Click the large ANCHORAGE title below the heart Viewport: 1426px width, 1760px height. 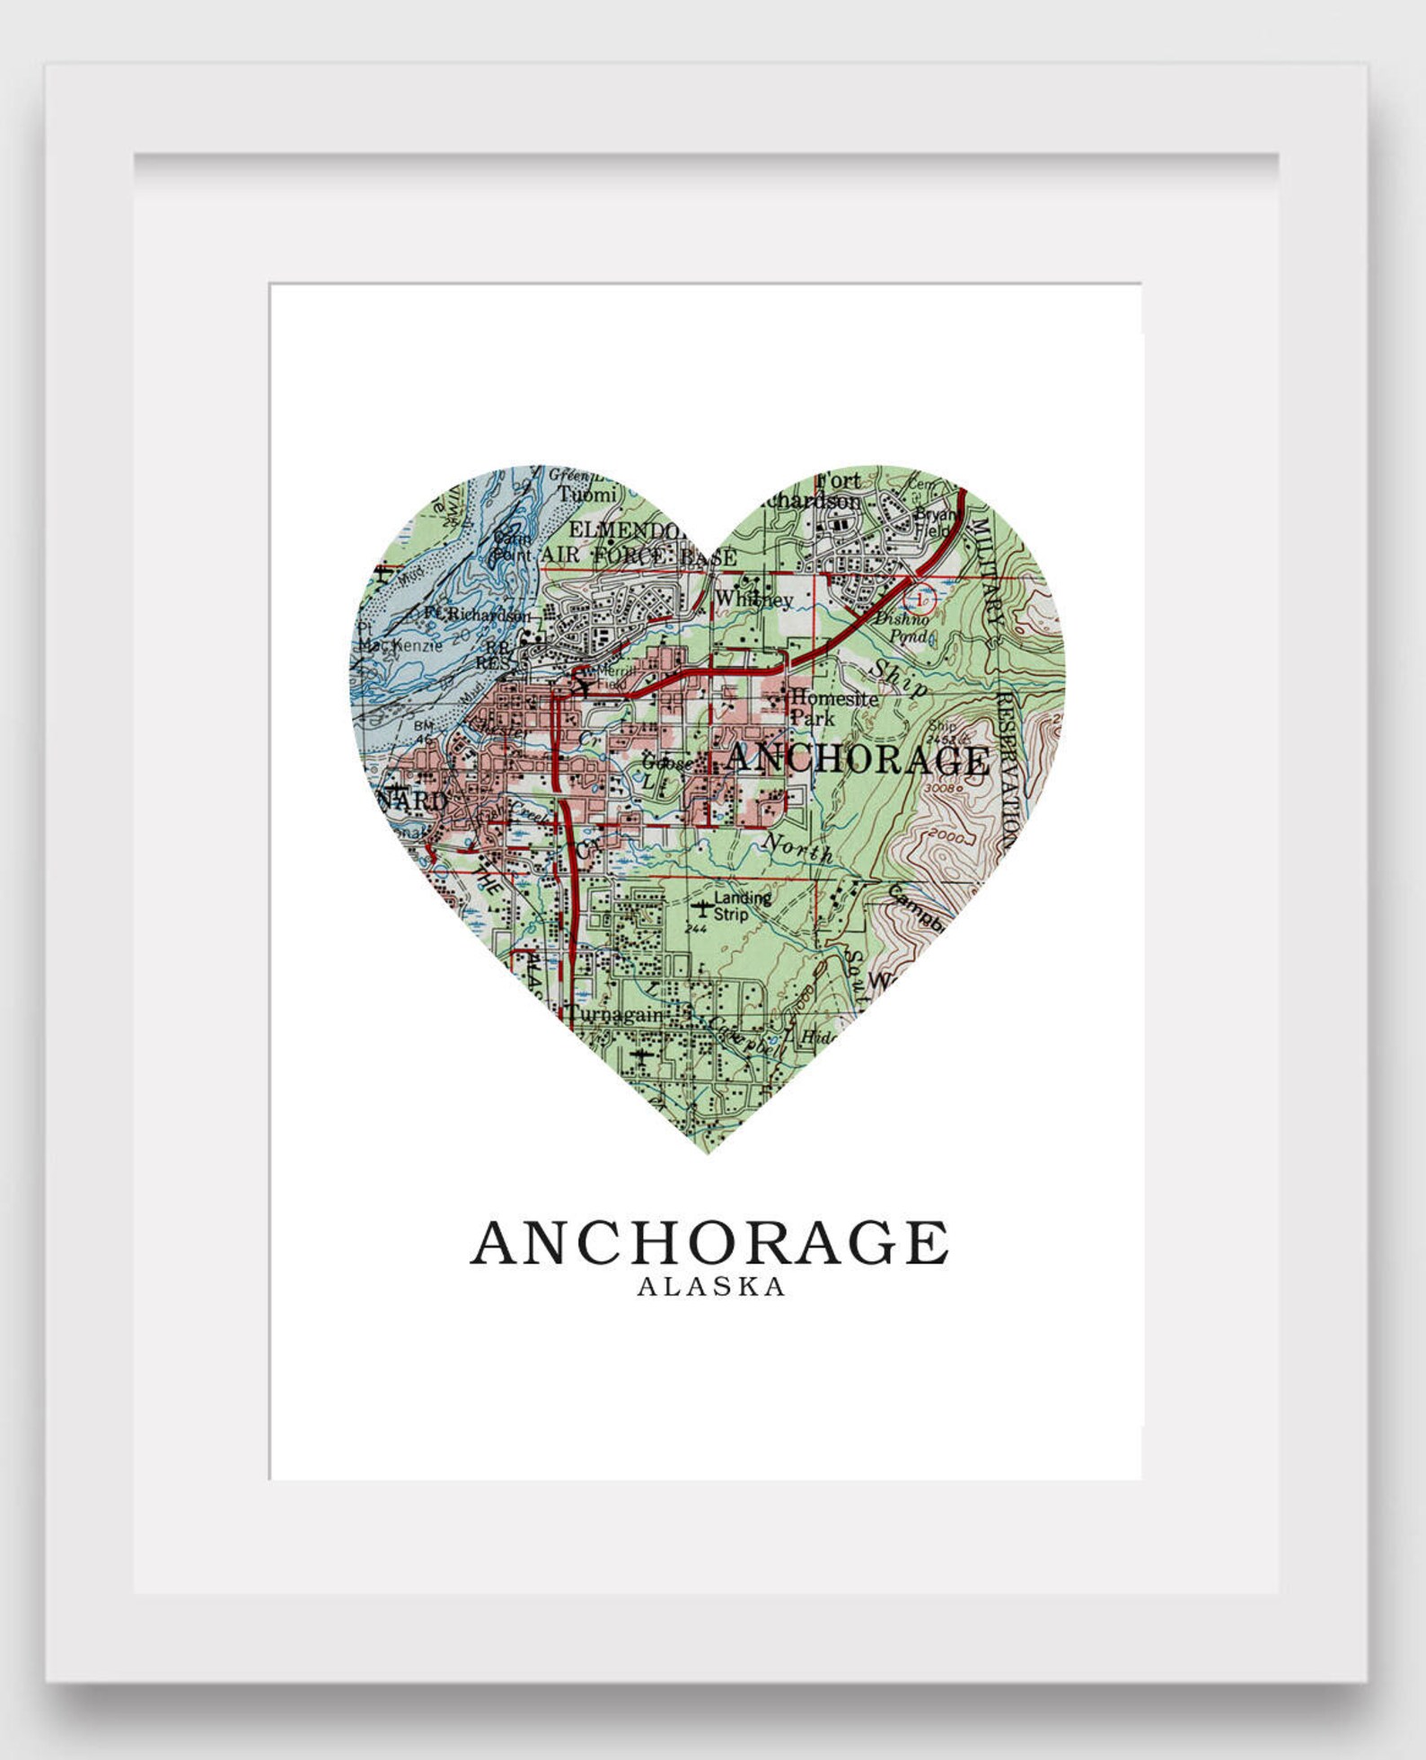[x=709, y=1243]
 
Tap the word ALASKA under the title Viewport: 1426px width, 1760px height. [x=711, y=1287]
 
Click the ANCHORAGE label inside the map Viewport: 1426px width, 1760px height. [x=858, y=759]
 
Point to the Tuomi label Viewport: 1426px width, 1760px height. [x=587, y=494]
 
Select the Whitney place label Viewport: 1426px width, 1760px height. [x=754, y=600]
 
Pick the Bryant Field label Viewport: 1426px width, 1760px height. [x=936, y=522]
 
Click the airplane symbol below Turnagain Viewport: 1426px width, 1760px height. [x=641, y=1056]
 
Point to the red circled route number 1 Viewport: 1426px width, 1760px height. [x=920, y=597]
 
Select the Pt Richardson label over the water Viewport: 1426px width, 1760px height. [x=477, y=615]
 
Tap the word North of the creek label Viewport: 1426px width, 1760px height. [x=796, y=848]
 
